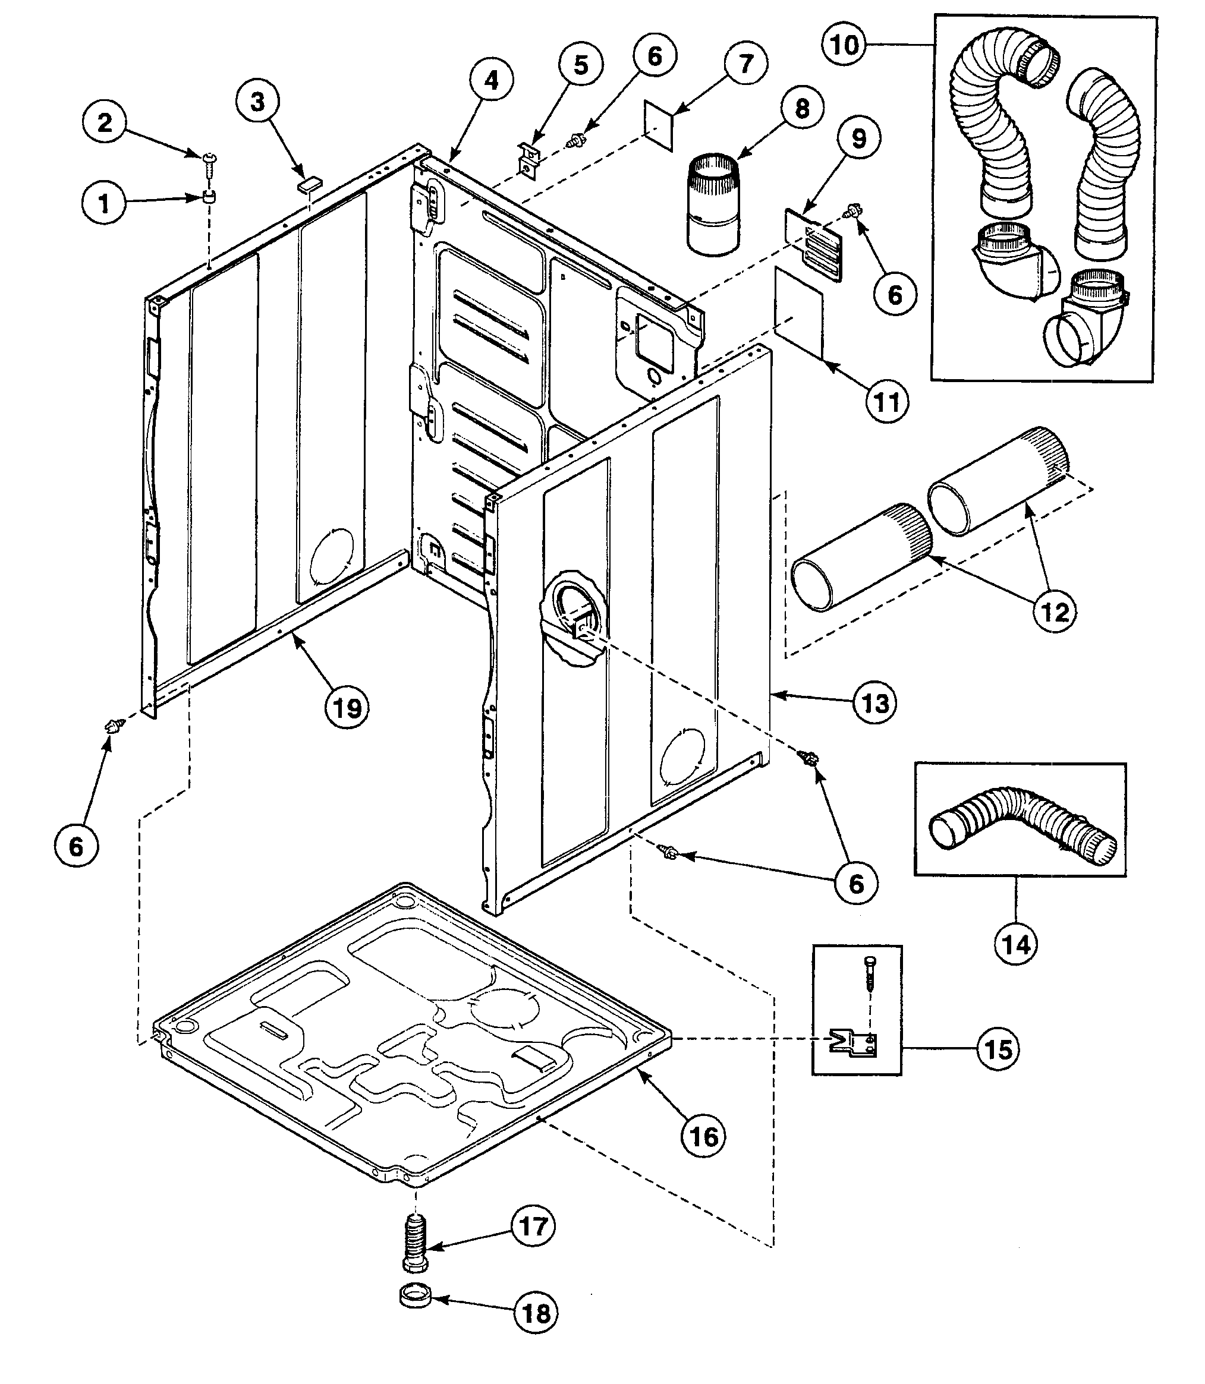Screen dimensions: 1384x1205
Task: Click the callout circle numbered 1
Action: click(104, 202)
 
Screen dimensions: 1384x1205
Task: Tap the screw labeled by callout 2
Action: click(209, 159)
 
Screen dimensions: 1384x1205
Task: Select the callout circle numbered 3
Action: click(257, 102)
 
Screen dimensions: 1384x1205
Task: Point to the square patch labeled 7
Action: click(657, 127)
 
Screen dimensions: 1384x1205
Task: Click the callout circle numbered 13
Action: click(875, 704)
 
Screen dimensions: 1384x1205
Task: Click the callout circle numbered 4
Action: click(492, 80)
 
